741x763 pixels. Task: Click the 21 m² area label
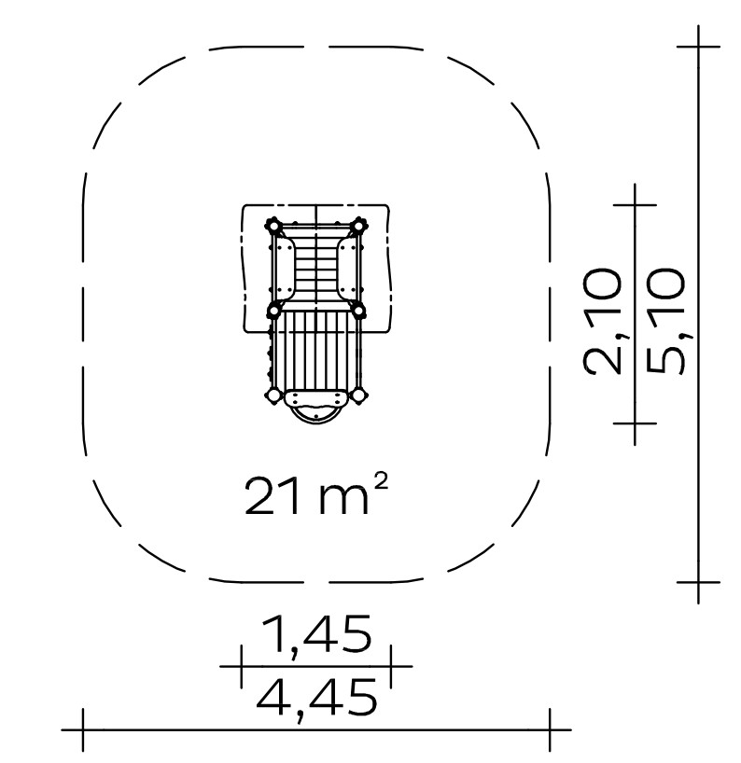316,495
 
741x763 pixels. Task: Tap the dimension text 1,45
316,635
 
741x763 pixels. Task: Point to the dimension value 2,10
603,322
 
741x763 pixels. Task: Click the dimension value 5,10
666,322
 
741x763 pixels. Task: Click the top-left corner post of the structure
273,227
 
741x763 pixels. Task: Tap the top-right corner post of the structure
358,226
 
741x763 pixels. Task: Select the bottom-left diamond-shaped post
273,395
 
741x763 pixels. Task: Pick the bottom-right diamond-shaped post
358,395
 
